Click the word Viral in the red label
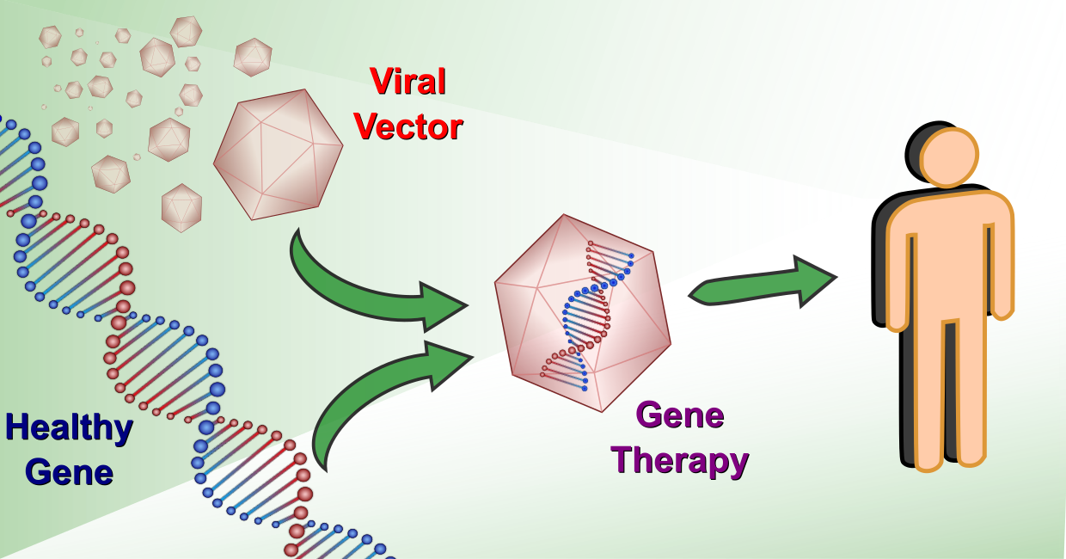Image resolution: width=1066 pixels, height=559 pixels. click(407, 83)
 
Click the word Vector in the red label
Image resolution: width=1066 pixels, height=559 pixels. click(407, 127)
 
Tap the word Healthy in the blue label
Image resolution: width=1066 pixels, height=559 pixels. click(69, 427)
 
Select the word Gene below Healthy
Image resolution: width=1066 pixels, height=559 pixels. click(69, 472)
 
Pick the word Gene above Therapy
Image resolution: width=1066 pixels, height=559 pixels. click(680, 415)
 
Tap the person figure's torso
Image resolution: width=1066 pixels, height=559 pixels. click(950, 258)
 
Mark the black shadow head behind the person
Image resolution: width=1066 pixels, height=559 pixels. click(915, 142)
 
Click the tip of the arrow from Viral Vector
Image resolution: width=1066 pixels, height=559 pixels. click(464, 305)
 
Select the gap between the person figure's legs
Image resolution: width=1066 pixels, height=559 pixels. click(950, 387)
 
